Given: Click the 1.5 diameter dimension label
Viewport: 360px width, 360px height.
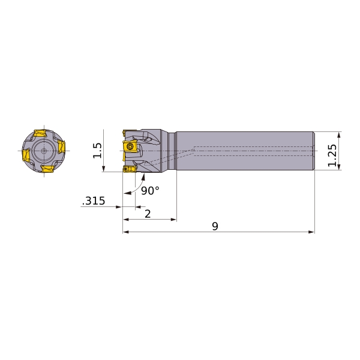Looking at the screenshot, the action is pos(97,151).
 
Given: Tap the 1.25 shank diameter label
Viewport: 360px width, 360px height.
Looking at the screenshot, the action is pos(332,155).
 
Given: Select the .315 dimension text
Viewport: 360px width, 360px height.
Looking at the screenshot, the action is pos(94,201).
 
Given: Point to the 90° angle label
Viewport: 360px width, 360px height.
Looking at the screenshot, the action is pos(150,191).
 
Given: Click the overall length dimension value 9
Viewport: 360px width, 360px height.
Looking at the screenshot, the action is pos(215,226).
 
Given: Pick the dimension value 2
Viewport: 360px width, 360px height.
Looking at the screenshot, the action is pos(148,214).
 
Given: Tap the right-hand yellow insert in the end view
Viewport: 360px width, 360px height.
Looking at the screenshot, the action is pos(61,146).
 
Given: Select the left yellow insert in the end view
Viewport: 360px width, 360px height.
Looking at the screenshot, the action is pos(26,155).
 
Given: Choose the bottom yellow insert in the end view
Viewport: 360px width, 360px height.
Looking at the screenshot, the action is pos(48,169).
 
